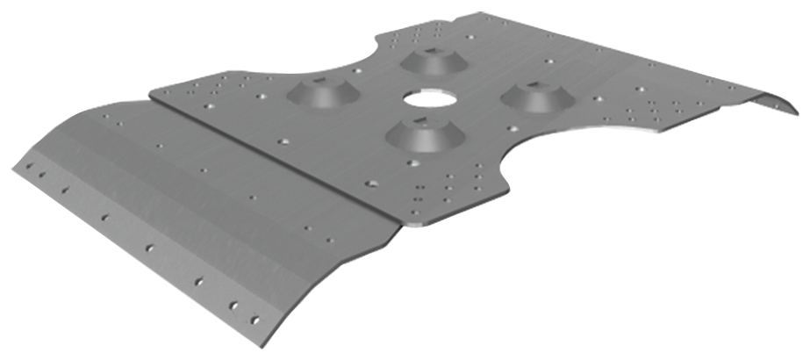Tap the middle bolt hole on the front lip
tap(105, 218)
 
